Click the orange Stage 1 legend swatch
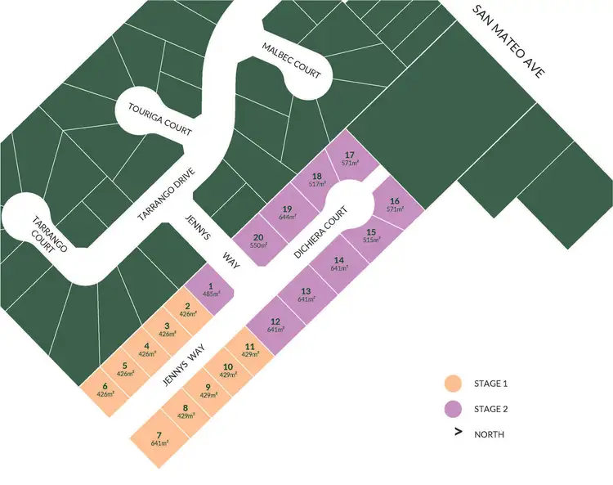click(452, 383)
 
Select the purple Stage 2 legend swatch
click(452, 408)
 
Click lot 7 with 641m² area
click(160, 438)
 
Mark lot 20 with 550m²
click(258, 241)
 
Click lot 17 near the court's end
click(351, 159)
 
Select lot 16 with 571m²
click(395, 205)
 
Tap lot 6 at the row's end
click(105, 389)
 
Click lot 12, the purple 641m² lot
click(275, 325)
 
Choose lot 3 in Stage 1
click(167, 329)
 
